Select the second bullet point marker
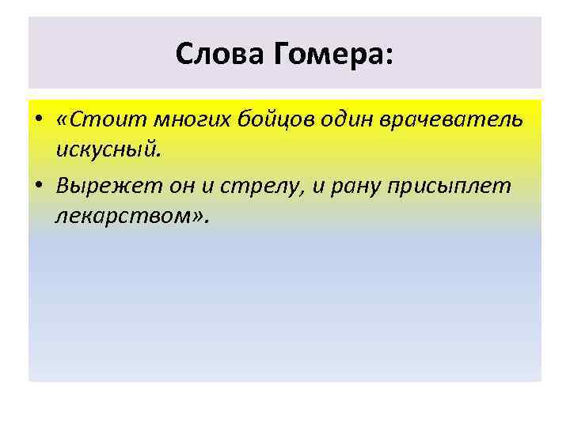point(38,186)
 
